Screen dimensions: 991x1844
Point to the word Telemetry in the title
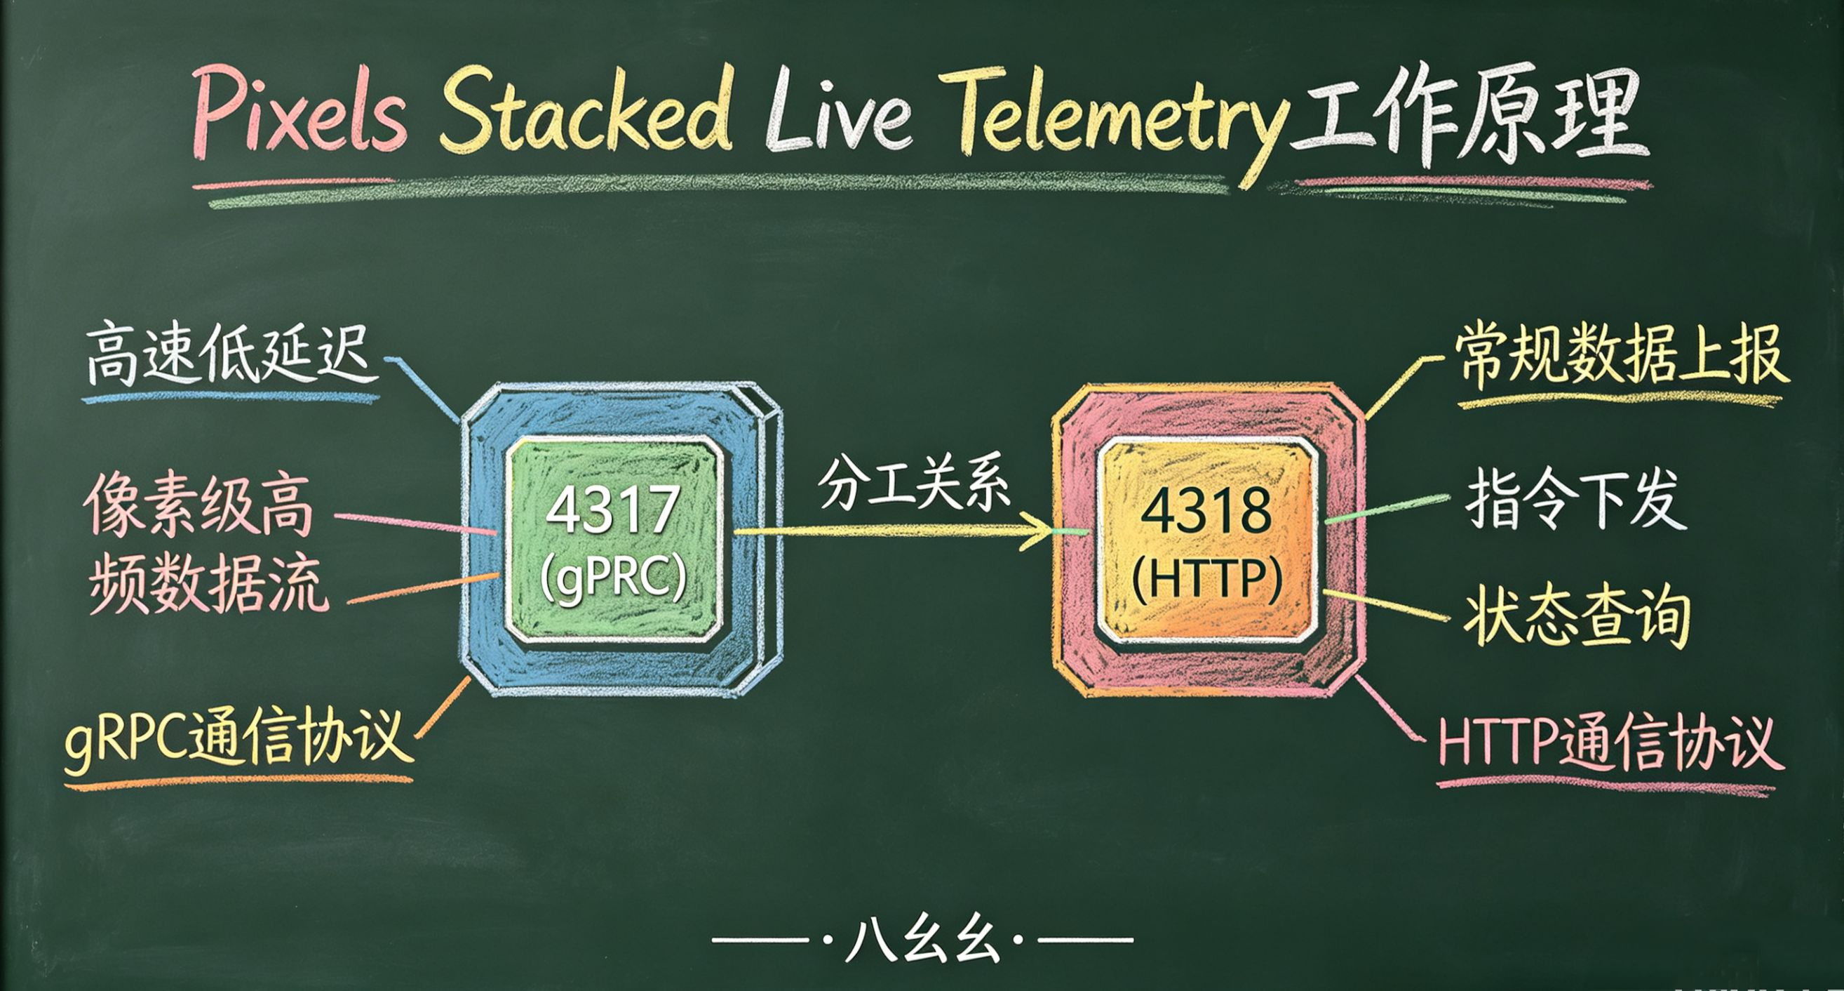tap(1117, 118)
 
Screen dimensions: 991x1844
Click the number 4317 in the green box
tap(613, 510)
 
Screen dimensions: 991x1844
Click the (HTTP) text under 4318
tap(1207, 578)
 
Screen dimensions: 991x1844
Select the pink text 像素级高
tap(199, 505)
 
